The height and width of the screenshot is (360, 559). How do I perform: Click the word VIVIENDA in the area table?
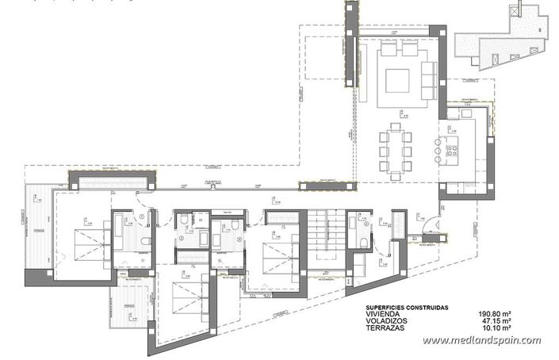click(x=384, y=314)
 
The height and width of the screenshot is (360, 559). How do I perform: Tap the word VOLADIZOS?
click(x=386, y=321)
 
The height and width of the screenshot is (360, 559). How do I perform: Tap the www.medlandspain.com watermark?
click(x=481, y=341)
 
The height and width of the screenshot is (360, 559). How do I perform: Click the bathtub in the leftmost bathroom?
click(x=119, y=230)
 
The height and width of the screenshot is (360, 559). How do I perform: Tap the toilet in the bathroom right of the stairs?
click(x=364, y=243)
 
